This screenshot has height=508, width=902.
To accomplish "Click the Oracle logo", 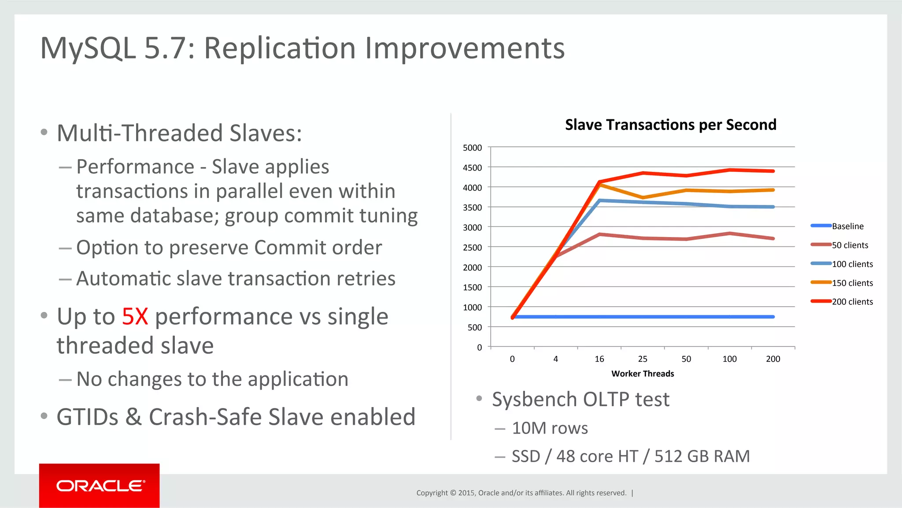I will pyautogui.click(x=100, y=486).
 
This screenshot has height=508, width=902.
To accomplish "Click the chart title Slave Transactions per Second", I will pyautogui.click(x=670, y=125).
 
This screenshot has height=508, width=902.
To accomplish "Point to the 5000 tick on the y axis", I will pyautogui.click(x=472, y=148).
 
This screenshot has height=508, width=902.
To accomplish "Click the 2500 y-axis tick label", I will pyautogui.click(x=472, y=247).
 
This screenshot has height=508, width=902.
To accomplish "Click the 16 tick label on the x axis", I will pyautogui.click(x=599, y=359).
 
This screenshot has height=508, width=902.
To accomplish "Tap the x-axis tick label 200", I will pyautogui.click(x=773, y=359).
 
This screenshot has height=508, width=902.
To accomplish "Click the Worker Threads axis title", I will pyautogui.click(x=643, y=374).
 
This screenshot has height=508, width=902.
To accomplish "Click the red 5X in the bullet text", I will pyautogui.click(x=135, y=316).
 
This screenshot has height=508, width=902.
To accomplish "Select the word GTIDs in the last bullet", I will pyautogui.click(x=87, y=417).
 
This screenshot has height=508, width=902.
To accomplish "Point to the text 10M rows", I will pyautogui.click(x=550, y=428).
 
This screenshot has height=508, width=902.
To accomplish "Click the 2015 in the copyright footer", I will pyautogui.click(x=466, y=493).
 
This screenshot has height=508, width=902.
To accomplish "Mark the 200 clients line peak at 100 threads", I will pyautogui.click(x=730, y=170).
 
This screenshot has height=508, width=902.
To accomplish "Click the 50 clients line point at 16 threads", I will pyautogui.click(x=599, y=234).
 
